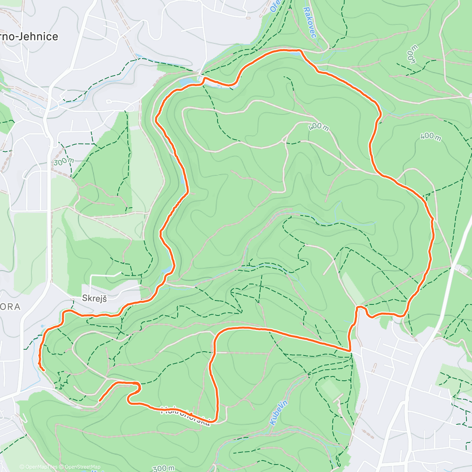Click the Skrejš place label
[94, 298]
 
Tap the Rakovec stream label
[310, 22]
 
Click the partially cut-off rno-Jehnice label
[29, 37]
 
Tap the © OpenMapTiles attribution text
[38, 467]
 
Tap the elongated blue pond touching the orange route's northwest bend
[187, 82]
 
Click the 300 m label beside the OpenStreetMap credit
[163, 468]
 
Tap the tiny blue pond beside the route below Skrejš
[42, 326]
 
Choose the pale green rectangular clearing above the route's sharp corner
[352, 288]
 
